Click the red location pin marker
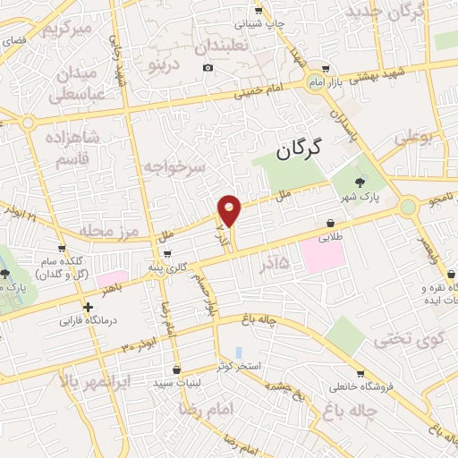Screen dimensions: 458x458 click(x=230, y=209)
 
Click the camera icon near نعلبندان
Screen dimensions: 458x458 click(x=208, y=68)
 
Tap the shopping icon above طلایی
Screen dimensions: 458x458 click(x=331, y=224)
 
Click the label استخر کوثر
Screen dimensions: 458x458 click(x=237, y=367)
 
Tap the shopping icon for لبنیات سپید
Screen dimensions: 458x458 click(x=176, y=369)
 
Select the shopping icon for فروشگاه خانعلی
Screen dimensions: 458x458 click(x=360, y=373)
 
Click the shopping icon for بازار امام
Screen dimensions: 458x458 click(x=325, y=68)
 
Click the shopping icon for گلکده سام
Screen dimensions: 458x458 click(x=62, y=250)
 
